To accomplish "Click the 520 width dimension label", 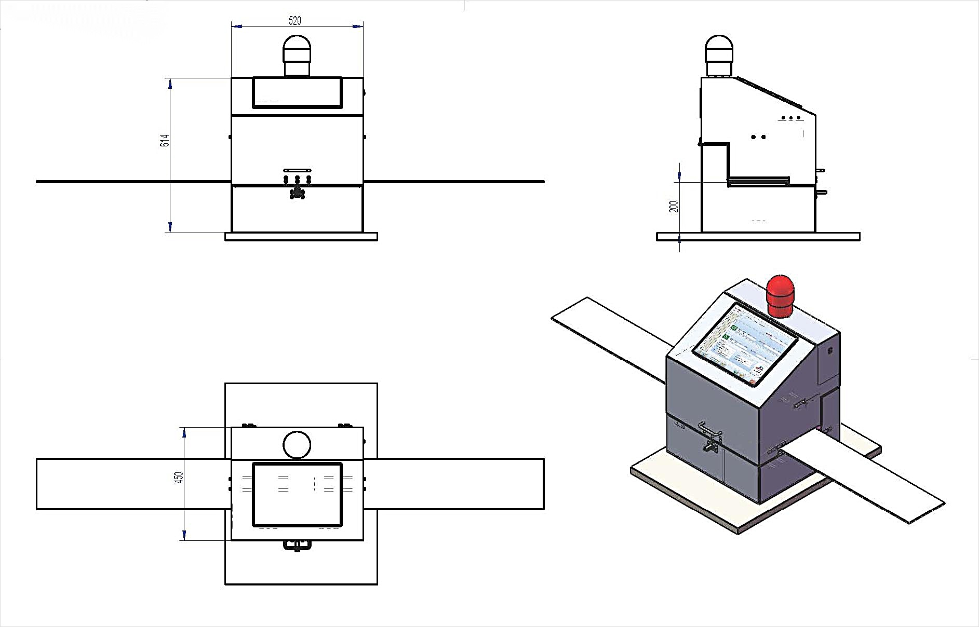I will pos(294,21).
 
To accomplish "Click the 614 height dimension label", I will pos(165,140).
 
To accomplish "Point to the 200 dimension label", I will pos(674,207).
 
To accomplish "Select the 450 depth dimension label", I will pos(179,478).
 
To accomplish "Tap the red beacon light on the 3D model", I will pos(780,295).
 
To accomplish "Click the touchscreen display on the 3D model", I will pos(745,345).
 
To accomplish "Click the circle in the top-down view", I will pos(297,445).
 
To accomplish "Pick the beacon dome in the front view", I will pos(297,48).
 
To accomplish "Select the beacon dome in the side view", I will pos(719,48).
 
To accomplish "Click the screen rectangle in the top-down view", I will pos(297,495).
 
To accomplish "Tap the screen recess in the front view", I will pos(297,92).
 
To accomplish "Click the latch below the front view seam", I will pos(297,194).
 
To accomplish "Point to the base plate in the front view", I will pos(301,237).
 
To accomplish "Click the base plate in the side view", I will pos(758,237).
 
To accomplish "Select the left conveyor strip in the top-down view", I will pos(133,484).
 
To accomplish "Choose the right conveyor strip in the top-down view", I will pos(453,484).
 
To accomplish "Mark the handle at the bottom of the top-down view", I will pos(297,545).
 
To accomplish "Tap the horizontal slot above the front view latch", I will pos(297,170).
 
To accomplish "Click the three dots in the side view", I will pos(790,118).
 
